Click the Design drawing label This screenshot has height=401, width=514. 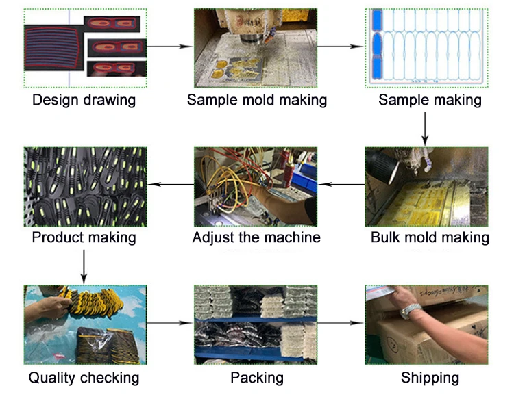[84, 100]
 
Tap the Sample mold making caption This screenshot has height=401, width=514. [257, 100]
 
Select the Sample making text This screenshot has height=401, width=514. [430, 100]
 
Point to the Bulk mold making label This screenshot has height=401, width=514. [430, 237]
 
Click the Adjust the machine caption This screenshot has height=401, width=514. [256, 237]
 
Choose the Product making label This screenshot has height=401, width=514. [84, 237]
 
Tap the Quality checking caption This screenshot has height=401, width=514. [84, 377]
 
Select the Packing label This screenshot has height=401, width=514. [257, 377]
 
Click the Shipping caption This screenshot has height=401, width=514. [430, 377]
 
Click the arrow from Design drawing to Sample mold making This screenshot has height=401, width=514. [169, 47]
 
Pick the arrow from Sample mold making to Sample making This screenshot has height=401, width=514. [342, 47]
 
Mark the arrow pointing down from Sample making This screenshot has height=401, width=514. [426, 129]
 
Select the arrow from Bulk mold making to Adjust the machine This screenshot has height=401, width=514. [342, 184]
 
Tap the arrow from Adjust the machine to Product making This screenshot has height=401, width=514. [170, 184]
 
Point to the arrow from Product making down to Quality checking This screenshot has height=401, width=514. [84, 266]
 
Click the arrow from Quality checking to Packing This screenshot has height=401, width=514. [169, 322]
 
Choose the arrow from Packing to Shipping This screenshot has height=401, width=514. [342, 322]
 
